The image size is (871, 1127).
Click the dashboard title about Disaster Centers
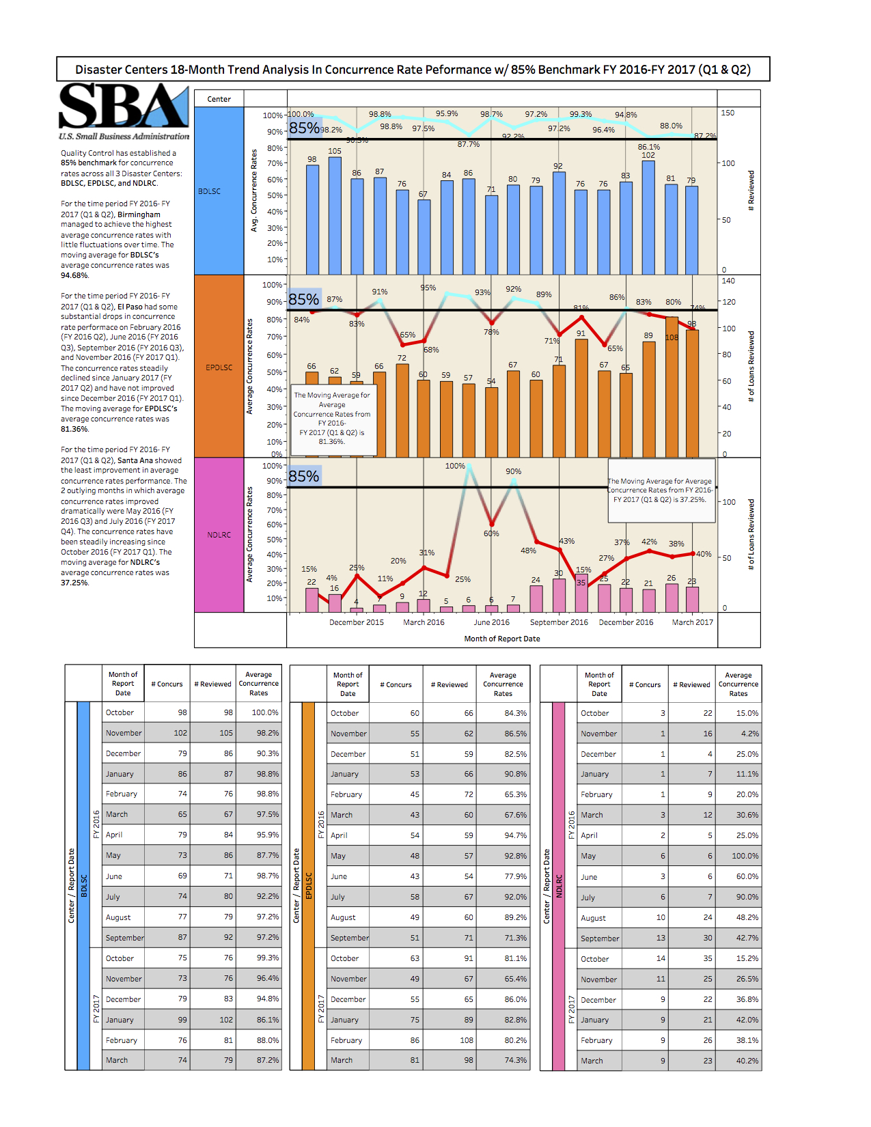pos(413,70)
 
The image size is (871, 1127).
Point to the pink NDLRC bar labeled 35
pos(581,594)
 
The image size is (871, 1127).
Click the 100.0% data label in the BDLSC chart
pos(301,114)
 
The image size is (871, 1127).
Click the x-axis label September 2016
pos(559,622)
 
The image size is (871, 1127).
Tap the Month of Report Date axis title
pos(502,639)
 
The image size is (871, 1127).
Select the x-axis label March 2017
pos(692,622)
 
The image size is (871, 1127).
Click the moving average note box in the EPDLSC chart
pos(333,418)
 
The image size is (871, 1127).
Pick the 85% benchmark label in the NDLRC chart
pos(304,476)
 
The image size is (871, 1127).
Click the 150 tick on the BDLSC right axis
pos(728,113)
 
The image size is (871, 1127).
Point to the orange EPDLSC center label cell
pos(219,367)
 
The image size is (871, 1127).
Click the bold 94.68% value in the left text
pos(74,276)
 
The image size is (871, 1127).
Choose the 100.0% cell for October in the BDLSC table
pos(264,712)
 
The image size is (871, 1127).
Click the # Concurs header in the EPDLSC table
pos(396,684)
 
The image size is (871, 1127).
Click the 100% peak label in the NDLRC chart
pos(455,466)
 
